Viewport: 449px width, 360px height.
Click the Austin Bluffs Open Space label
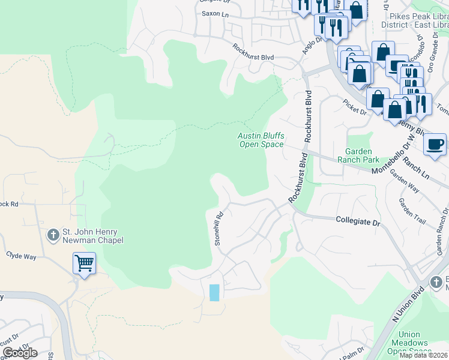(261, 140)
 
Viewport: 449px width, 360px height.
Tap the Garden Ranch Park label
(363, 155)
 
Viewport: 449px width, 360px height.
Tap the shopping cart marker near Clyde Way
(84, 263)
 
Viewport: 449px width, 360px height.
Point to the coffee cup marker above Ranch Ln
(435, 145)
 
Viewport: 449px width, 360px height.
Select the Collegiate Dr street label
(358, 222)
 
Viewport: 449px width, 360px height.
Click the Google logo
(20, 353)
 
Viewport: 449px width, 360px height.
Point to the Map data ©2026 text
(423, 355)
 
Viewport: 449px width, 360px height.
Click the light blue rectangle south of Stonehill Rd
(214, 293)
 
